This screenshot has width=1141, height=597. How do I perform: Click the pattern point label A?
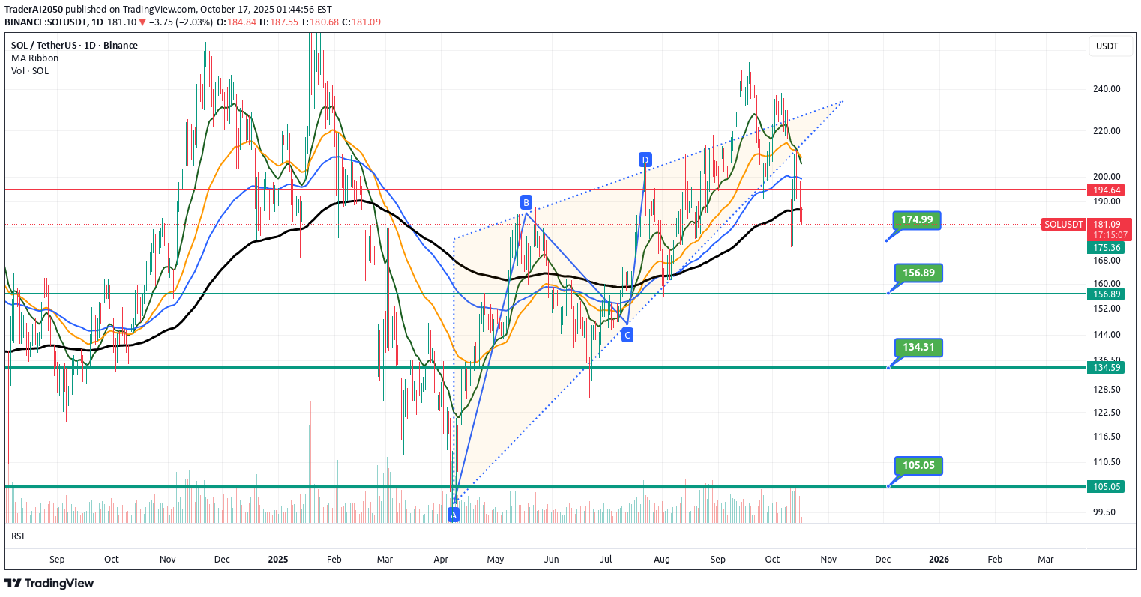(453, 514)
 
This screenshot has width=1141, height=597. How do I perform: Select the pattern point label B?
(526, 202)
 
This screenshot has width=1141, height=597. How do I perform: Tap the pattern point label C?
(627, 335)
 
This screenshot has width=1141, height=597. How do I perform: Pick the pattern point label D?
(645, 160)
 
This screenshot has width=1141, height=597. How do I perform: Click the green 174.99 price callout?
(917, 219)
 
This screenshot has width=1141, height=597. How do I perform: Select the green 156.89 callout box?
(918, 273)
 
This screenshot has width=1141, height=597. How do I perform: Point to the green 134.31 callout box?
(918, 347)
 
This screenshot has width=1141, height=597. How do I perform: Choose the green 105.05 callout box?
(918, 465)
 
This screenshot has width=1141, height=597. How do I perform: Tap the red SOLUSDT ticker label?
(1064, 225)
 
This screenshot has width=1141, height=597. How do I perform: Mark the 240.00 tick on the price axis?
(1107, 89)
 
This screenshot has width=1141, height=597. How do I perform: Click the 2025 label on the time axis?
(278, 560)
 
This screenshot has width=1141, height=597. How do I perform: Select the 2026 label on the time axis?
(939, 560)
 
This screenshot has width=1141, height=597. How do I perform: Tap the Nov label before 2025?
(168, 560)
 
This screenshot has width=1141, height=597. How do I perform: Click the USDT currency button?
(1107, 46)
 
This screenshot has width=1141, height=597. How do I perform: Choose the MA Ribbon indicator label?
(34, 58)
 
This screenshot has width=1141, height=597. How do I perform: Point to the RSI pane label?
(18, 536)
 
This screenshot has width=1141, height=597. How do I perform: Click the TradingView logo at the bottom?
(49, 584)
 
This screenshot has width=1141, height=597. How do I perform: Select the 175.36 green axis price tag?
(1107, 248)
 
